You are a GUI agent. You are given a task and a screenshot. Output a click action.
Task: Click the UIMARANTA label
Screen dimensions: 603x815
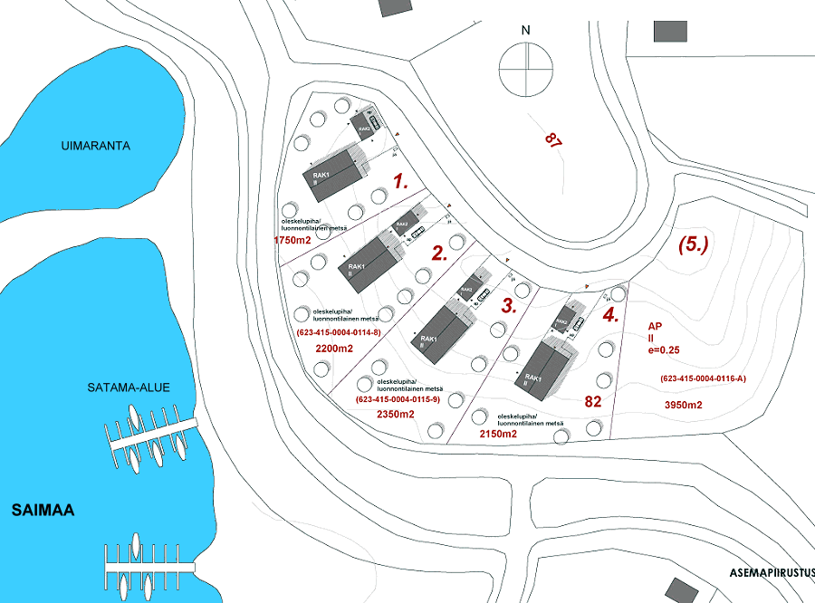(x=95, y=145)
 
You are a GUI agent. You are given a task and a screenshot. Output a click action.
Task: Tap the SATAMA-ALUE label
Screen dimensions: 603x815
(x=129, y=388)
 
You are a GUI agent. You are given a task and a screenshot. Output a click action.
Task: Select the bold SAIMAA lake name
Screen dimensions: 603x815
(x=43, y=511)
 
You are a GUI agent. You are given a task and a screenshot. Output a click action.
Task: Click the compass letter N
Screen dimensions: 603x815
(x=525, y=31)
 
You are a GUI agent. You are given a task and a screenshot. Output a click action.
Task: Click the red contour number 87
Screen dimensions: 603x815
(x=553, y=139)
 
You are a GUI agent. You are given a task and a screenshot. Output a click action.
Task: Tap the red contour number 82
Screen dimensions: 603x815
(x=594, y=401)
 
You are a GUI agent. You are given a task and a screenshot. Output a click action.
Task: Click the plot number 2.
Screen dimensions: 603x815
(x=440, y=254)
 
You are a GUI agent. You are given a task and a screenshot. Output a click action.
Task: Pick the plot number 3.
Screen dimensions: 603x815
(x=510, y=305)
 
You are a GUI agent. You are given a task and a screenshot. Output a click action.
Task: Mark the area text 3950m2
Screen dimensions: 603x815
(x=683, y=405)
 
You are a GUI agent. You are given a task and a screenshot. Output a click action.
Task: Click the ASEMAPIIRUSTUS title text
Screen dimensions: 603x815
(x=772, y=573)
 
